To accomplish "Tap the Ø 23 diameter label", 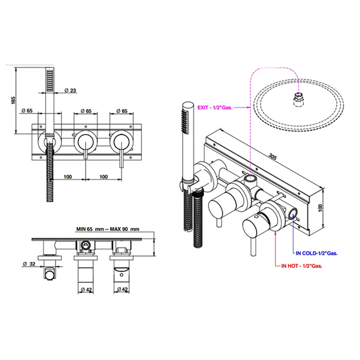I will click(x=71, y=91).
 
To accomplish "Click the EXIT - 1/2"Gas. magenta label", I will click(x=215, y=107).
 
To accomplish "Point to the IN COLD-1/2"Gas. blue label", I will click(x=317, y=253).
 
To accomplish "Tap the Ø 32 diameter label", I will click(x=30, y=265).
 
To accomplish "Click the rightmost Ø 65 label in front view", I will click(x=121, y=111).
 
